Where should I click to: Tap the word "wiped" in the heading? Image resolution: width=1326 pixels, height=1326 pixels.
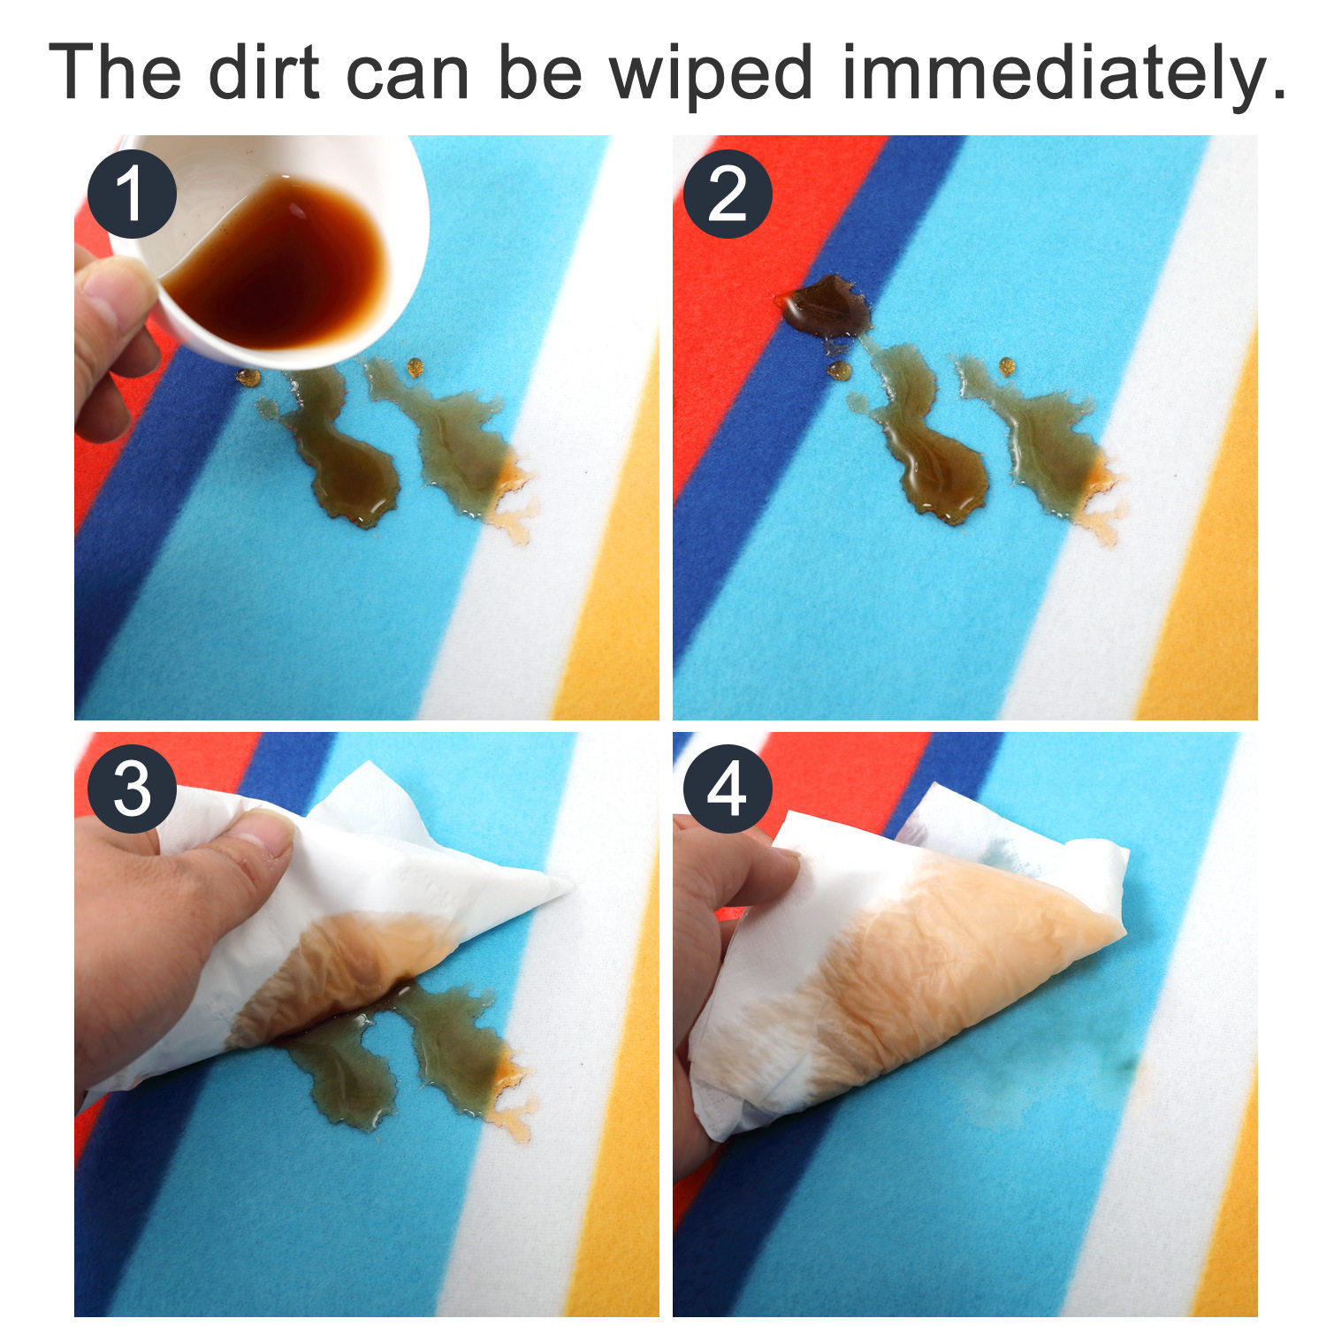[x=711, y=76]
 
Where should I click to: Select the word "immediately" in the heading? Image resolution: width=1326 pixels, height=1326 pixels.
[x=1063, y=76]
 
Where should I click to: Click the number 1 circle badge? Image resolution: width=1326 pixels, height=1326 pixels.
[x=132, y=194]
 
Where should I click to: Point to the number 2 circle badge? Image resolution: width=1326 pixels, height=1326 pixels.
[x=728, y=194]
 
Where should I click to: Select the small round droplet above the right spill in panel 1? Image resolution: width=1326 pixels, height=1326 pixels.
[x=415, y=367]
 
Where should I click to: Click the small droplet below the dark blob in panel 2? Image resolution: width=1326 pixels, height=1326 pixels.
[x=838, y=370]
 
